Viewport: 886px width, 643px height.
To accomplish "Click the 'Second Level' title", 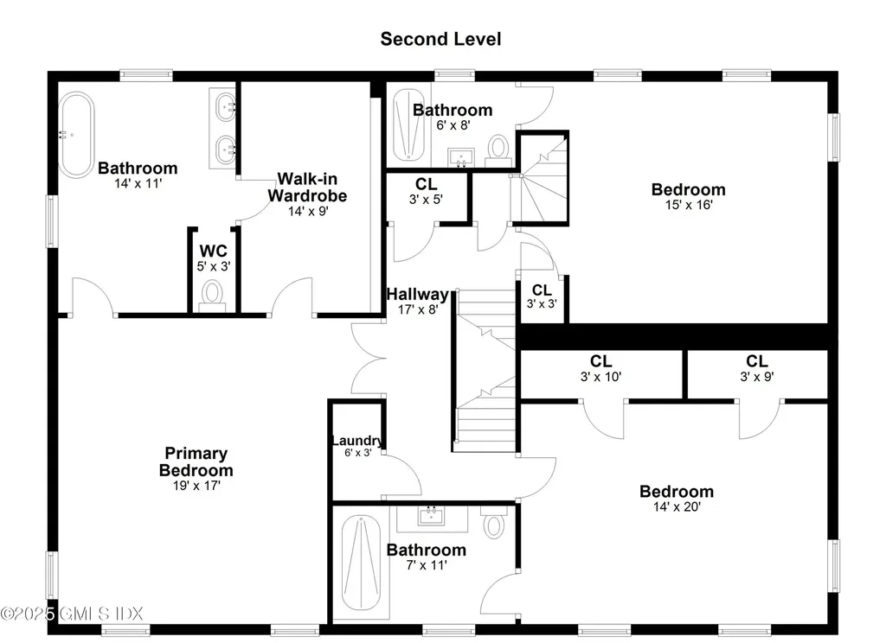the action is pyautogui.click(x=440, y=39).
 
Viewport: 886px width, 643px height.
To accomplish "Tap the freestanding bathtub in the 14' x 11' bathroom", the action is pyautogui.click(x=77, y=134).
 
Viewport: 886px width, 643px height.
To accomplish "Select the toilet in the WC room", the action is pyautogui.click(x=213, y=296).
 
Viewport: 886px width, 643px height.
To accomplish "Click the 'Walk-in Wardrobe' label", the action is pyautogui.click(x=307, y=188).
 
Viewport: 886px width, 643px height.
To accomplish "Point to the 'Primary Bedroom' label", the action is pyautogui.click(x=196, y=462).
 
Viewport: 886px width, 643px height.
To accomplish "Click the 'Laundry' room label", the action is pyautogui.click(x=356, y=440).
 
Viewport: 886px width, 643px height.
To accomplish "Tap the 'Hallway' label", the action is pyautogui.click(x=418, y=294).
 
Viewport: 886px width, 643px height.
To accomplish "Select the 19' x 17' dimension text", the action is pyautogui.click(x=196, y=486).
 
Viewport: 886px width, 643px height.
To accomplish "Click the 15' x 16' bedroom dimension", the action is pyautogui.click(x=689, y=205).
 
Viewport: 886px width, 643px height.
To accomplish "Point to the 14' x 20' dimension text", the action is pyautogui.click(x=677, y=507).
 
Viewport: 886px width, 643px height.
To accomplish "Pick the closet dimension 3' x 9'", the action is pyautogui.click(x=757, y=377).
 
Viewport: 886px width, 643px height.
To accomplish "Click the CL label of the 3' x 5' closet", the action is pyautogui.click(x=426, y=184).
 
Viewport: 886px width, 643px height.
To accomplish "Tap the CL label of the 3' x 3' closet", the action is pyautogui.click(x=542, y=290).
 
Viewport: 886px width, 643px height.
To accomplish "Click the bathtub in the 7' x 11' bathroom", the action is pyautogui.click(x=361, y=563).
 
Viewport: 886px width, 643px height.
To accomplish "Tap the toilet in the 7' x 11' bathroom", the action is pyautogui.click(x=494, y=522).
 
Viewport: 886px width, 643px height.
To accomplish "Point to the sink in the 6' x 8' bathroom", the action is pyautogui.click(x=462, y=157).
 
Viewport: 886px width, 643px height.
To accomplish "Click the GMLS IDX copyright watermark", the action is pyautogui.click(x=72, y=613).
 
